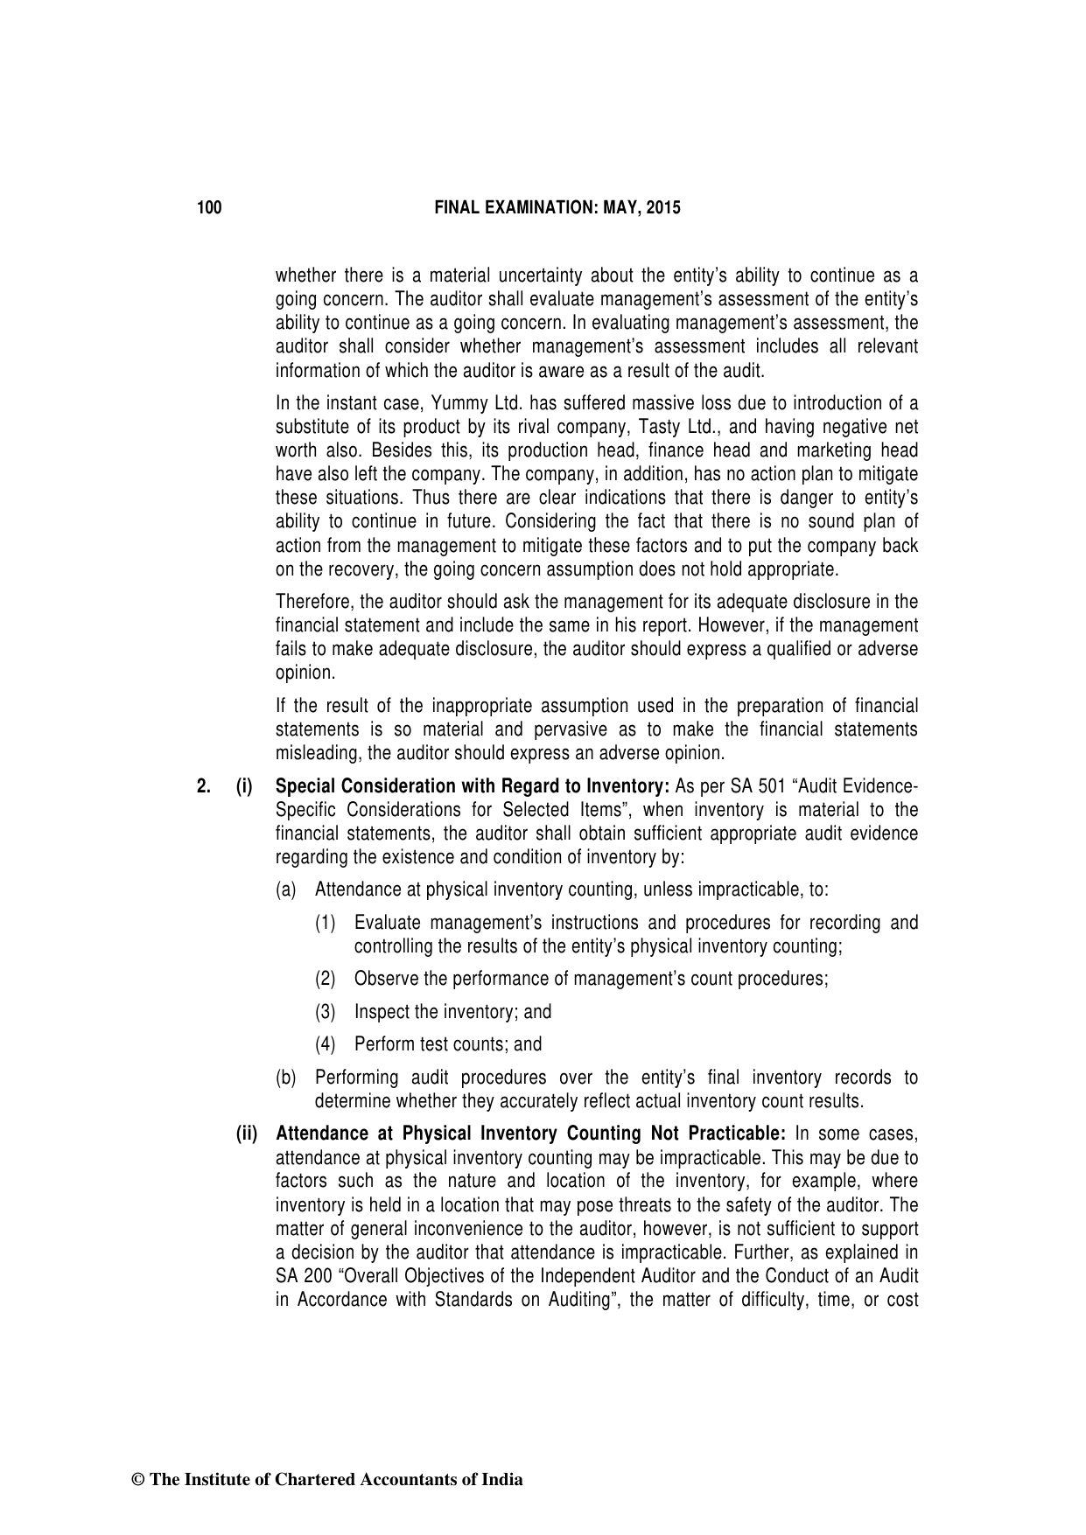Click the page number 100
[x=209, y=208]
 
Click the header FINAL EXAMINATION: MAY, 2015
[x=557, y=208]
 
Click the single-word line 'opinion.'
[x=305, y=673]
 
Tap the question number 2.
[x=203, y=786]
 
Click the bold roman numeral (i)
[x=244, y=786]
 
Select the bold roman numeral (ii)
[x=247, y=1134]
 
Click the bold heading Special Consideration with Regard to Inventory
[x=473, y=786]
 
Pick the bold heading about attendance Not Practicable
[x=529, y=1134]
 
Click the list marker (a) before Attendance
[x=286, y=890]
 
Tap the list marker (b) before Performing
[x=286, y=1078]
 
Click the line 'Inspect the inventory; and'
[x=452, y=1012]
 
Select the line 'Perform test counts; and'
[x=447, y=1044]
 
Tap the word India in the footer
[x=503, y=1480]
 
